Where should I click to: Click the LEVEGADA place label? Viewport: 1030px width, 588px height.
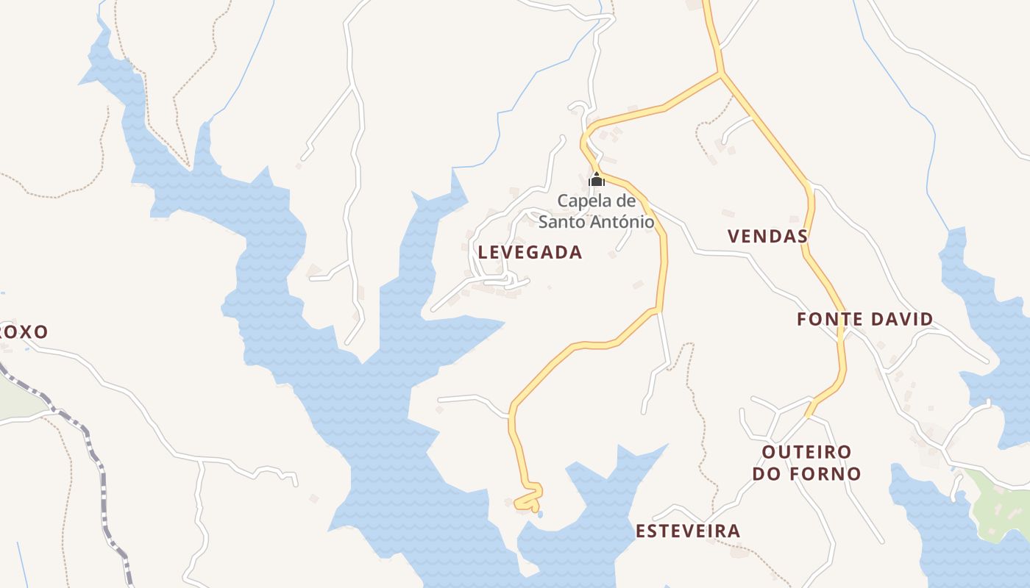(x=530, y=252)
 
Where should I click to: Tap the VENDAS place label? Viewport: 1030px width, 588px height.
(x=767, y=236)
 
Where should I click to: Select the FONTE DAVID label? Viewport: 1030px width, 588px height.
(x=864, y=319)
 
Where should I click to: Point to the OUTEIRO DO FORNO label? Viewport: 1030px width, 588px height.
(x=806, y=462)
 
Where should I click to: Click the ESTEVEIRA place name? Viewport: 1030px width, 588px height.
(x=687, y=531)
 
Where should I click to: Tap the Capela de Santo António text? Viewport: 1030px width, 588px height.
(x=596, y=210)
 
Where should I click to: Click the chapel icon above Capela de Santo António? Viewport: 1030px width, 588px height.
(x=596, y=179)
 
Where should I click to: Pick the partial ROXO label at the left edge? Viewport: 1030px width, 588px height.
(x=24, y=331)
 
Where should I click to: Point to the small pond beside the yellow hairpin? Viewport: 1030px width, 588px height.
(x=540, y=514)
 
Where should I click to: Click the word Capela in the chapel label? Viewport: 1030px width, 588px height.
(x=583, y=200)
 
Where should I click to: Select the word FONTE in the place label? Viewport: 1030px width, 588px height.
(x=828, y=319)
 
